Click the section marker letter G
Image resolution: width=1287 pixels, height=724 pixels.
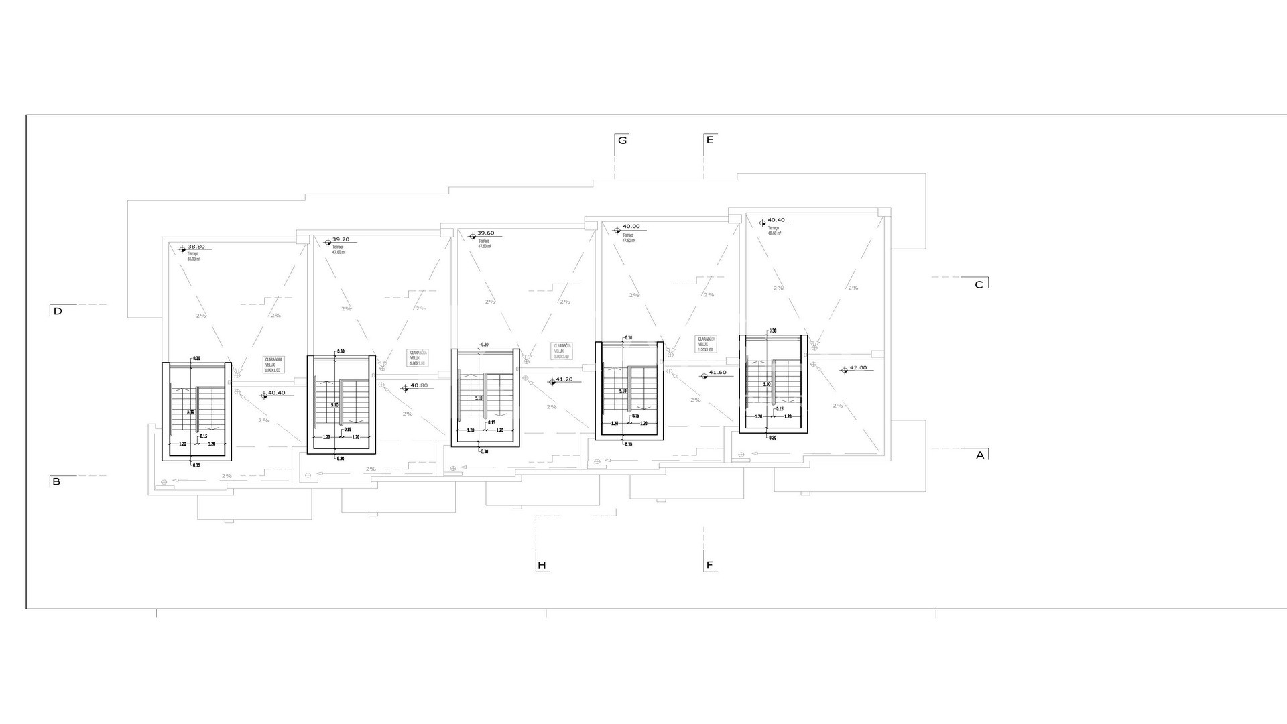(x=623, y=141)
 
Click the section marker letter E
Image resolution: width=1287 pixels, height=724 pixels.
(x=710, y=140)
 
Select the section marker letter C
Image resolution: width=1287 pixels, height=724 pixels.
(x=979, y=285)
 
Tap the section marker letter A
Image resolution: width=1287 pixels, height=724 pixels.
(x=980, y=455)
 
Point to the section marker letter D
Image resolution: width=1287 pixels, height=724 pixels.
(x=58, y=312)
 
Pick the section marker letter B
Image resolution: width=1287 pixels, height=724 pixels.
(x=56, y=482)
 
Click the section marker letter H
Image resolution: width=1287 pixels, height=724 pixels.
(x=542, y=566)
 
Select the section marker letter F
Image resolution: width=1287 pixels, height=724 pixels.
(x=710, y=566)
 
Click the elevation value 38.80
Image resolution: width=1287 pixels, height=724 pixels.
(x=196, y=247)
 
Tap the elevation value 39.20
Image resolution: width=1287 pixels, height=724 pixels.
(x=341, y=239)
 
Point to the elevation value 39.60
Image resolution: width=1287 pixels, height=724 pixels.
(x=485, y=233)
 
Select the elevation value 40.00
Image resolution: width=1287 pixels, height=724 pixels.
(x=631, y=227)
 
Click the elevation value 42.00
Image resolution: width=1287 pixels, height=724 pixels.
(x=858, y=368)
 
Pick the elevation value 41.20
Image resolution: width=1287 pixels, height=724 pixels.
(x=564, y=379)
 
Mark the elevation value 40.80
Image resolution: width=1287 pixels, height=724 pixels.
(x=419, y=386)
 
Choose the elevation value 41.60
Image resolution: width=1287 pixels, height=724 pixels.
(x=717, y=373)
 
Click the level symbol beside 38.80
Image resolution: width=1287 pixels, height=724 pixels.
(x=182, y=249)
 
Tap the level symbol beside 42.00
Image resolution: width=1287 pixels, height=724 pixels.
(x=844, y=369)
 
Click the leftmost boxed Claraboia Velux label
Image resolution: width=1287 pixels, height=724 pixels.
(x=273, y=365)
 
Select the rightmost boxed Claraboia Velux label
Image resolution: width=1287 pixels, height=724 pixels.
(x=706, y=344)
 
